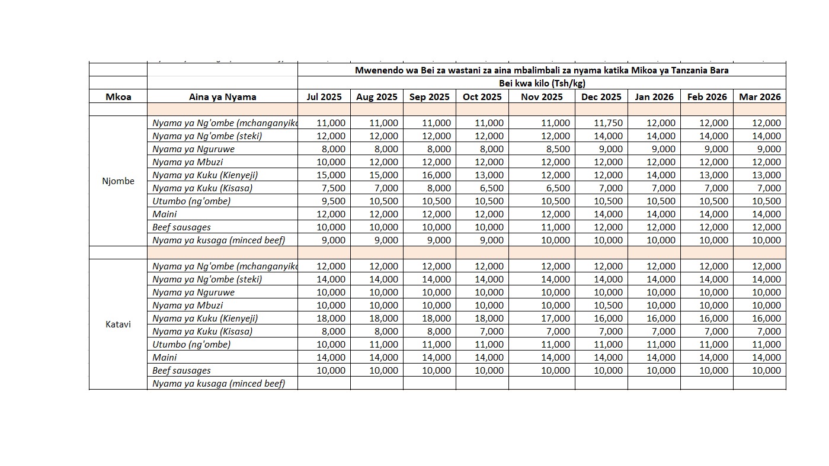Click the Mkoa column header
(118, 97)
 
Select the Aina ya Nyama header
(222, 97)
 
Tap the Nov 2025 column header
(542, 97)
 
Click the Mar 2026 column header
(760, 97)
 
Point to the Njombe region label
(118, 181)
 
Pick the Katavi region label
(118, 324)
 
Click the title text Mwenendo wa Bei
(542, 70)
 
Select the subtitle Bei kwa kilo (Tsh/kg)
(542, 83)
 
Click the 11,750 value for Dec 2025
(607, 123)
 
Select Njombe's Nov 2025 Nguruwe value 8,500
(556, 149)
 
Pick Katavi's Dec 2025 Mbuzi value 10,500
(607, 306)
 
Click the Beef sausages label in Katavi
(181, 371)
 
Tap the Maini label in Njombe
(164, 214)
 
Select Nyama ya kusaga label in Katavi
(218, 384)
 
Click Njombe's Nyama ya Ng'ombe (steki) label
(207, 136)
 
